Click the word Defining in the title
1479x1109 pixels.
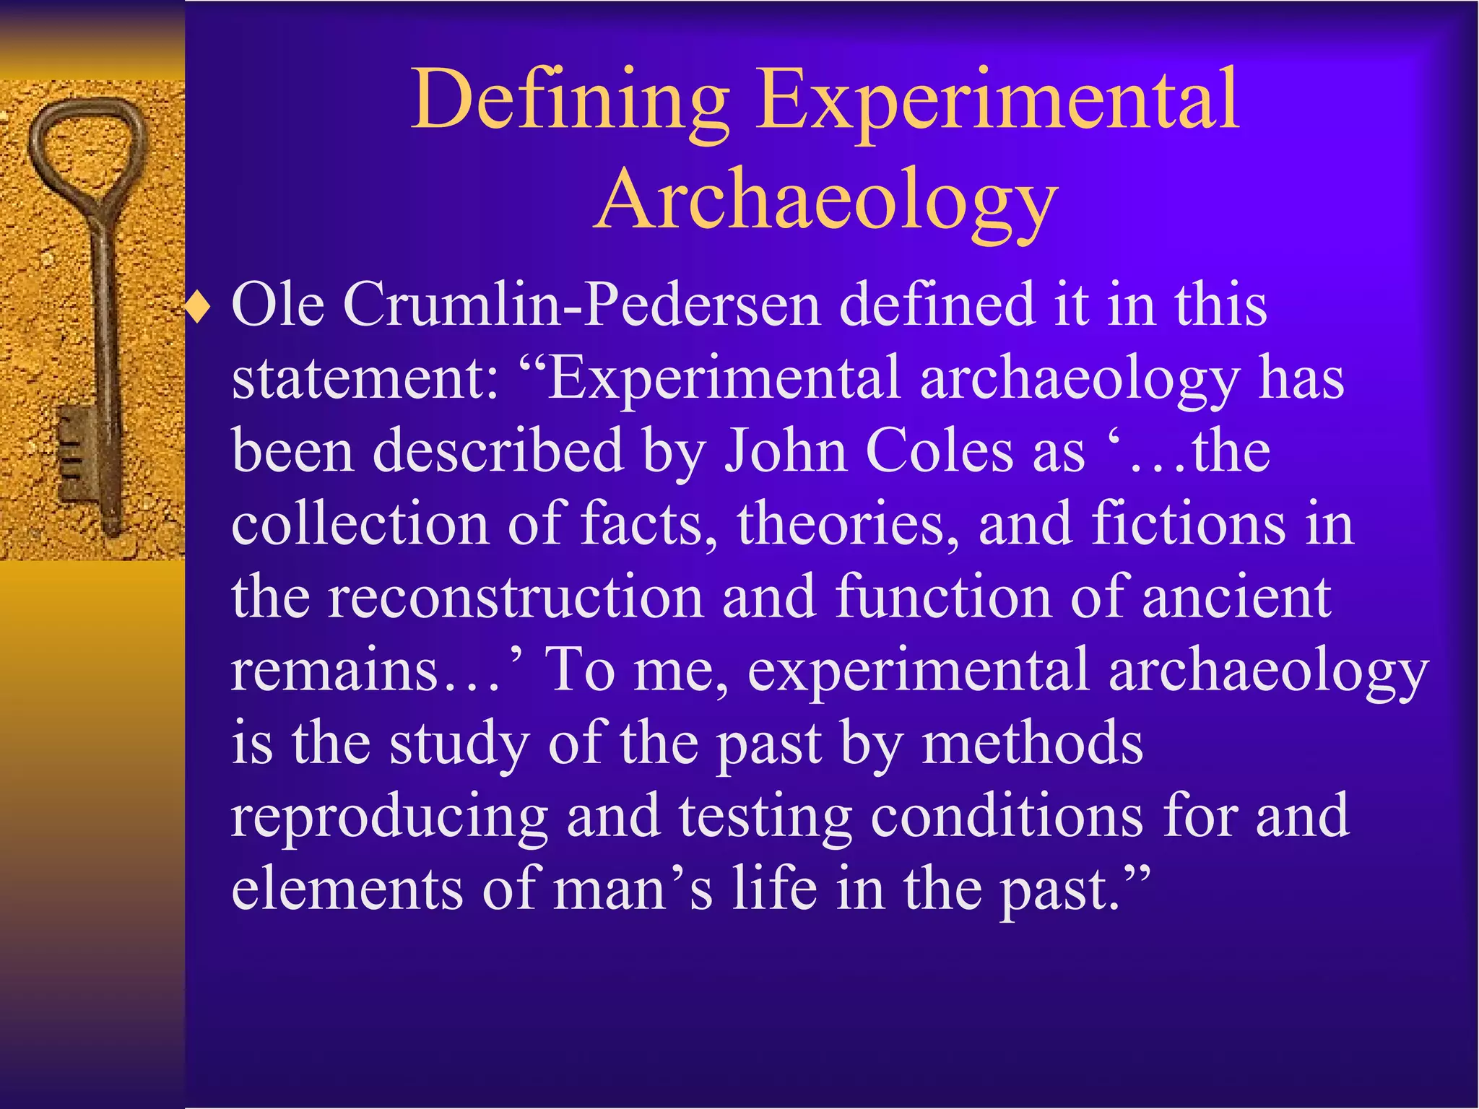tap(571, 101)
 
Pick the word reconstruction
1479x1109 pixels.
tap(516, 598)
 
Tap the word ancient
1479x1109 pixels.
tap(1236, 598)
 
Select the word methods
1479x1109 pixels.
tap(1033, 744)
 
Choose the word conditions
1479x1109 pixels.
tap(1007, 817)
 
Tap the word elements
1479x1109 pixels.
tap(347, 890)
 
